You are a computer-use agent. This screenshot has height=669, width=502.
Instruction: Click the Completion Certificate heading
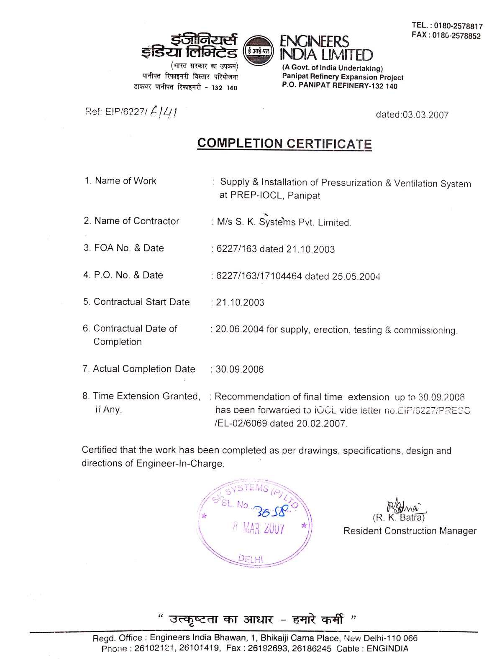coord(284,143)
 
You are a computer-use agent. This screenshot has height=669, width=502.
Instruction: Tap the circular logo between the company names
coord(258,51)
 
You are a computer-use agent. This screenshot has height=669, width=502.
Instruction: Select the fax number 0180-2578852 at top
coord(457,36)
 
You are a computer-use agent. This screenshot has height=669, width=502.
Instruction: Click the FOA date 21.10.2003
coord(310,250)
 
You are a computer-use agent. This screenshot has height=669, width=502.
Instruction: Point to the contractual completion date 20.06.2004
coord(239,329)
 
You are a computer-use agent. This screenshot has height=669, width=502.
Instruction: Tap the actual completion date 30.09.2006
coord(240,369)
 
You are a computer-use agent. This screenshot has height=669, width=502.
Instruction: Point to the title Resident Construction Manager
coord(410,531)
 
